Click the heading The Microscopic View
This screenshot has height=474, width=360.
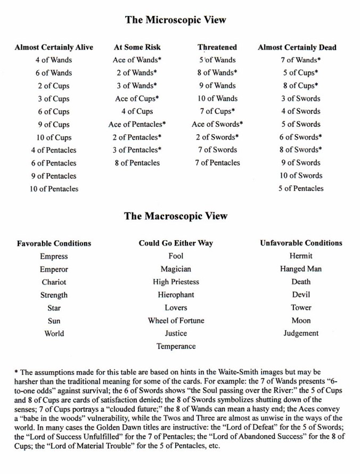(175, 20)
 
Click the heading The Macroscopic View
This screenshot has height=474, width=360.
(175, 216)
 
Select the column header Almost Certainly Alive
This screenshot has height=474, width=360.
(54, 47)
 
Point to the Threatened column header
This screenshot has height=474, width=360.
(217, 47)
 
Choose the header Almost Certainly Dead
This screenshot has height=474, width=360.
(297, 47)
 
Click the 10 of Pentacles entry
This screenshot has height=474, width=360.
(54, 189)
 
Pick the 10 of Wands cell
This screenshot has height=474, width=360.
(217, 99)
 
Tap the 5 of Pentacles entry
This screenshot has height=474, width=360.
(300, 188)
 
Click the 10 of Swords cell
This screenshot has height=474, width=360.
(301, 175)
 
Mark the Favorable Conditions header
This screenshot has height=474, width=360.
(54, 243)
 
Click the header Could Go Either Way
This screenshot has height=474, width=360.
(176, 243)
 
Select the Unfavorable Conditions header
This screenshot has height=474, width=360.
(301, 243)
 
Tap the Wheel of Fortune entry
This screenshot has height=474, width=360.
(176, 321)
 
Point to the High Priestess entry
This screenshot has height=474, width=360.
(176, 282)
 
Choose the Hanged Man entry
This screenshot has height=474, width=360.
(301, 269)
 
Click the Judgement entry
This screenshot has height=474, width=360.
(301, 333)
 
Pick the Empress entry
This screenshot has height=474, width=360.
(54, 256)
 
